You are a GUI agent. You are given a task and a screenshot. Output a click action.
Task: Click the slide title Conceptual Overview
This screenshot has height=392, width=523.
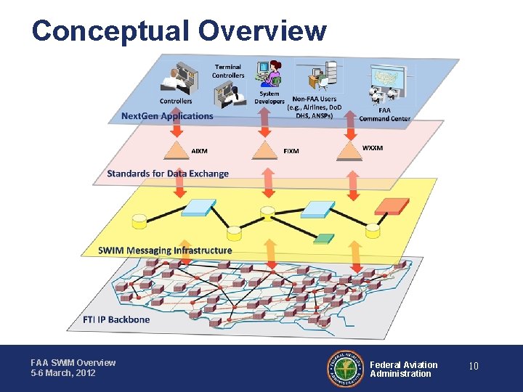[x=179, y=30]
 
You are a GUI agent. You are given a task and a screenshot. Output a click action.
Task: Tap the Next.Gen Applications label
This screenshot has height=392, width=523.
[x=167, y=115]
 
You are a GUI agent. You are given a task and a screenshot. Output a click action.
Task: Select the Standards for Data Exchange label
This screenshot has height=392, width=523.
[x=168, y=173]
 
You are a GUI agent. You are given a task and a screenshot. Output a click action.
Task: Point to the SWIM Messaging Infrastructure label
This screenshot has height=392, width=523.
[x=166, y=250]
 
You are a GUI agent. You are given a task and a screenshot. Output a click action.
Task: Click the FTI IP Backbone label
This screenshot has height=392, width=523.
[x=116, y=319]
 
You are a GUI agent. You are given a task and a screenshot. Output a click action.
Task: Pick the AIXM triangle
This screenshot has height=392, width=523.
[x=177, y=150]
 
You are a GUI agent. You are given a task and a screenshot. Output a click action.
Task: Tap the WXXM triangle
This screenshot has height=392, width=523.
[x=352, y=149]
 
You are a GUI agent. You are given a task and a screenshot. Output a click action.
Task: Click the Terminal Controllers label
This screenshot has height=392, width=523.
[x=228, y=71]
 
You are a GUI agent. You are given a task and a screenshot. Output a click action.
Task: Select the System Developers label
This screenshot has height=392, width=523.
[x=269, y=97]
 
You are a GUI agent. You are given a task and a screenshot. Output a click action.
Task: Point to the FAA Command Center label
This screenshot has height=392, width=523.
[x=384, y=114]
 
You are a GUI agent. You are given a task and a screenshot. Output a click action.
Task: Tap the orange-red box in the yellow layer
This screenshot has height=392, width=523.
[x=392, y=205]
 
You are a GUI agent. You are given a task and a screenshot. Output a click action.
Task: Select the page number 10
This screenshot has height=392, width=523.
[x=473, y=367]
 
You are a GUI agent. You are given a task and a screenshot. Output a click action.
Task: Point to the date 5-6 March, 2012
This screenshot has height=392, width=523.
[x=62, y=373]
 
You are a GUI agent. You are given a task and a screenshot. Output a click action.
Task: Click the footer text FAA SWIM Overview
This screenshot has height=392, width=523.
[x=73, y=362]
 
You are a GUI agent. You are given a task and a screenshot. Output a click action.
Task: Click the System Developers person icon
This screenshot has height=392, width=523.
[x=274, y=73]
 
